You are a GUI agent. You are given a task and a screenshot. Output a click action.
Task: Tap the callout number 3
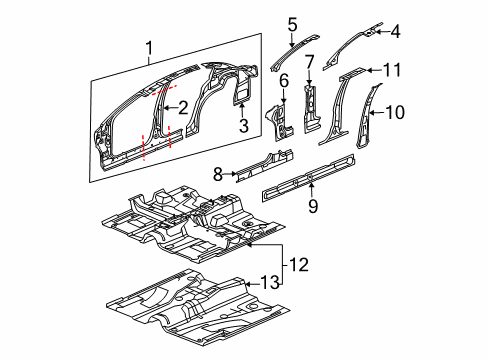[x=243, y=126]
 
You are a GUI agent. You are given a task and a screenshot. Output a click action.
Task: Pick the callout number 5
[x=292, y=24]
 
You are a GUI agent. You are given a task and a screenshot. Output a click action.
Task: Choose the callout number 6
[x=284, y=79]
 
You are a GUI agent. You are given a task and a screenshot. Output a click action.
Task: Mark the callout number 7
[x=310, y=63]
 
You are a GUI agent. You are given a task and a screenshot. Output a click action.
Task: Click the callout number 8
[x=218, y=173]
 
